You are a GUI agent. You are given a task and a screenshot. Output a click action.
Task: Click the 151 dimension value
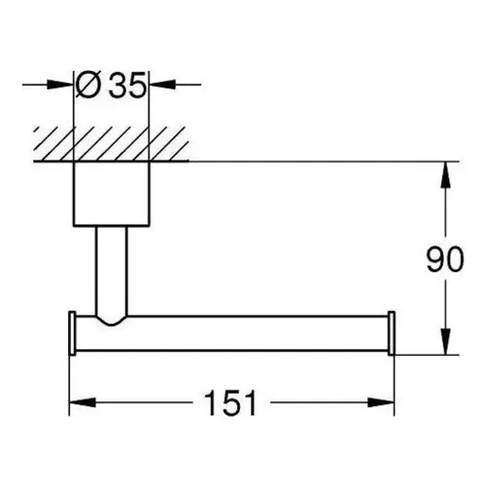click(x=230, y=402)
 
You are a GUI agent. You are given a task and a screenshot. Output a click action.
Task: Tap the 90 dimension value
click(x=445, y=260)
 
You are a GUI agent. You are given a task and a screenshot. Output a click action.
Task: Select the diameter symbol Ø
click(x=87, y=85)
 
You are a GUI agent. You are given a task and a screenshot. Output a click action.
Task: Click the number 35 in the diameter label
click(x=127, y=85)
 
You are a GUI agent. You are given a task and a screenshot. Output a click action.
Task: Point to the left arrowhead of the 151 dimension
click(x=83, y=402)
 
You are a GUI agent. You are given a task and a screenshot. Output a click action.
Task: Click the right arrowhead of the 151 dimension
click(x=381, y=402)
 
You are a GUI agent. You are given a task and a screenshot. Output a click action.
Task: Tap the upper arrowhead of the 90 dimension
click(x=446, y=175)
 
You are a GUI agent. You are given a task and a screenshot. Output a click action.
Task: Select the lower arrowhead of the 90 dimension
click(x=446, y=341)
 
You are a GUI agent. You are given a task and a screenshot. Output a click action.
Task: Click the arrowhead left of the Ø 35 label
click(x=60, y=85)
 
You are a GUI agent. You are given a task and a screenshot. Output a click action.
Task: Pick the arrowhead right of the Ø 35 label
click(x=162, y=85)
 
